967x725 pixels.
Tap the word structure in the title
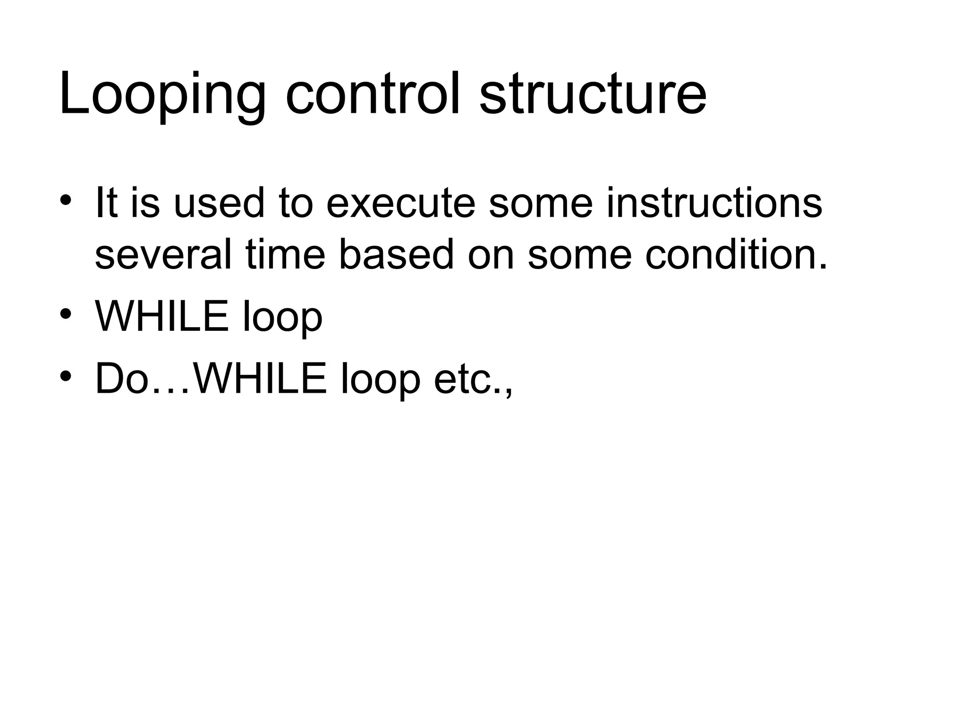point(593,94)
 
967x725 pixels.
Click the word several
point(163,255)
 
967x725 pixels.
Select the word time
point(285,255)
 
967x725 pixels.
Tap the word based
point(396,255)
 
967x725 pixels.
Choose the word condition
point(736,255)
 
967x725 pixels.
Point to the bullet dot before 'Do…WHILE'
point(66,376)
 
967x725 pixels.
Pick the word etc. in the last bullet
point(473,380)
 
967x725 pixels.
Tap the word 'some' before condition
point(579,255)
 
